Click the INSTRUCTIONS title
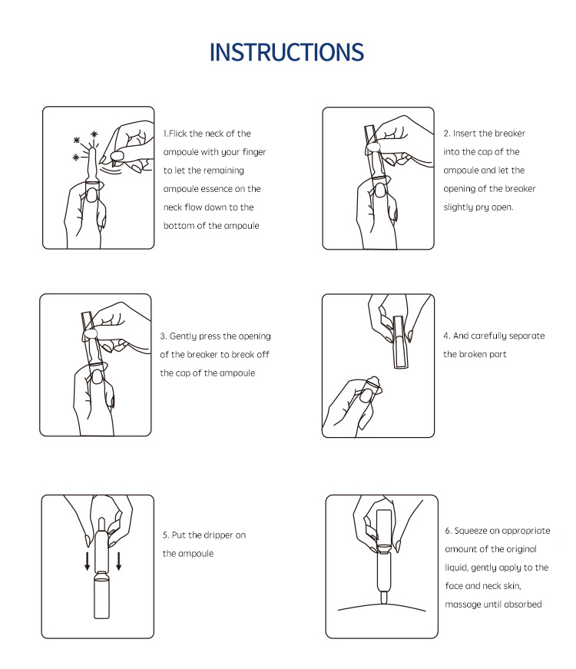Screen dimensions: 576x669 (x=286, y=52)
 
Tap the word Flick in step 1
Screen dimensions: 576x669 (x=177, y=134)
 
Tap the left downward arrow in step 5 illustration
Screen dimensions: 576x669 (x=87, y=561)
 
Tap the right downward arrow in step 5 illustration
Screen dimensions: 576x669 (x=118, y=561)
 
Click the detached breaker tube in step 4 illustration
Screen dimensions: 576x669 (x=399, y=342)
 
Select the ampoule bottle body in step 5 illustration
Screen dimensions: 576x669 (x=101, y=595)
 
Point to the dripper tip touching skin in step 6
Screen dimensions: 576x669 (x=383, y=598)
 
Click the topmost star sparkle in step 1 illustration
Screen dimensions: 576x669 (x=94, y=134)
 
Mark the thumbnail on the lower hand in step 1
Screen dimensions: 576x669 (x=91, y=195)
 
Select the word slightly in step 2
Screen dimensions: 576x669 (x=458, y=208)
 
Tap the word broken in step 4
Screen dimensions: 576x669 (x=475, y=354)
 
